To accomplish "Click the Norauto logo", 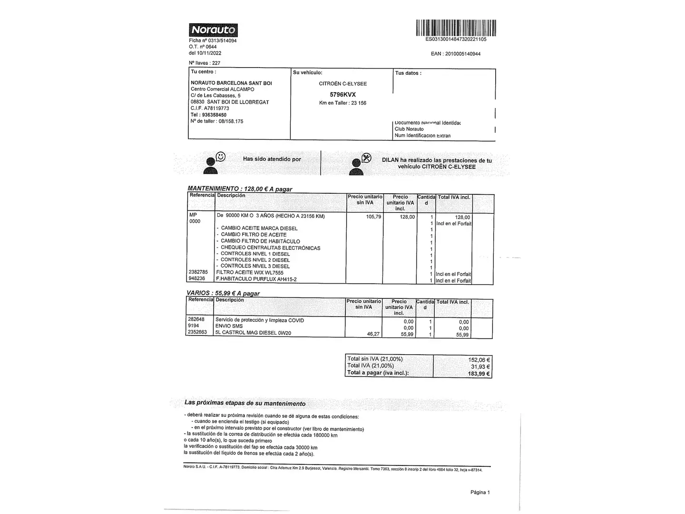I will click(213, 30).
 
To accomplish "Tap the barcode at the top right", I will click(456, 28).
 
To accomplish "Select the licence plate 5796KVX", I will click(342, 94).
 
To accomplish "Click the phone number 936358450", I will click(214, 115).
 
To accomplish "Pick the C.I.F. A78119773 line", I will click(210, 109).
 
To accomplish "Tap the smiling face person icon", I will click(213, 162).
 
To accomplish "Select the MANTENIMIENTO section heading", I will click(240, 189).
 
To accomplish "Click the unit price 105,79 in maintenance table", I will click(373, 217).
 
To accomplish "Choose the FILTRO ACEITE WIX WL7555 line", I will click(250, 273).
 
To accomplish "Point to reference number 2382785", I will click(198, 272).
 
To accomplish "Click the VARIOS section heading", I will click(223, 293).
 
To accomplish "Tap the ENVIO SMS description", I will click(229, 326).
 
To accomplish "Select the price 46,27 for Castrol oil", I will click(373, 334).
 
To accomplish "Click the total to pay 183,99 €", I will click(479, 374).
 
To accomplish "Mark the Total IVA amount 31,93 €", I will click(480, 366).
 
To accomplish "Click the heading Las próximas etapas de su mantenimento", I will click(245, 403).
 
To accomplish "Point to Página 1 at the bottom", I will click(479, 492).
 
